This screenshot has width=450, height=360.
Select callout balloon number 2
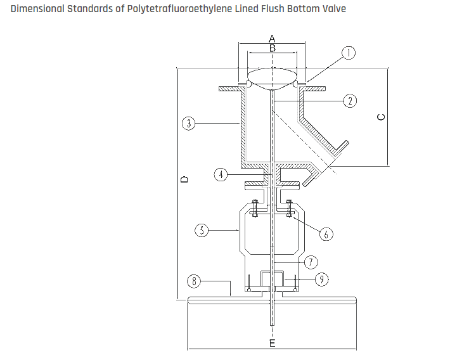click(349, 100)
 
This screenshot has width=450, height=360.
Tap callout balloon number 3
click(188, 123)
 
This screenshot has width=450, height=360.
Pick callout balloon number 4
click(220, 174)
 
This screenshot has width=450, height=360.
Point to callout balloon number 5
click(202, 230)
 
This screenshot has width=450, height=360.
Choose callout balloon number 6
click(325, 234)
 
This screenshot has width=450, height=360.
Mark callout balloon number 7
click(310, 261)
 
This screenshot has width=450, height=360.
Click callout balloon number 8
click(194, 280)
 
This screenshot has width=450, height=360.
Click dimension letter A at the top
click(272, 39)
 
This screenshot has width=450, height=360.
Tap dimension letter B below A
click(272, 48)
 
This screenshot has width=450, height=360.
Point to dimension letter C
click(380, 117)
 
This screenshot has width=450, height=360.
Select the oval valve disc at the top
click(272, 75)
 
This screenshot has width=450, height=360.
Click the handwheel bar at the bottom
click(272, 304)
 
